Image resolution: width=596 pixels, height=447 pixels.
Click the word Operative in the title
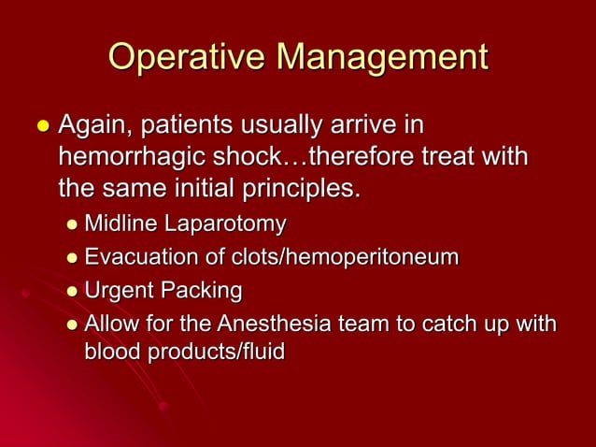tap(185, 58)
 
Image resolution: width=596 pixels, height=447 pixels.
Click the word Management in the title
tap(380, 58)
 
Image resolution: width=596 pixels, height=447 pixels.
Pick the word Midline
tap(121, 224)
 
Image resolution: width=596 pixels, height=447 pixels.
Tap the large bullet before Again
tap(41, 125)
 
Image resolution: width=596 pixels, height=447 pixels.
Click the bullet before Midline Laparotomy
tap(73, 225)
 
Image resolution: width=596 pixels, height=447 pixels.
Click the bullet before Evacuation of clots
tap(73, 258)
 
